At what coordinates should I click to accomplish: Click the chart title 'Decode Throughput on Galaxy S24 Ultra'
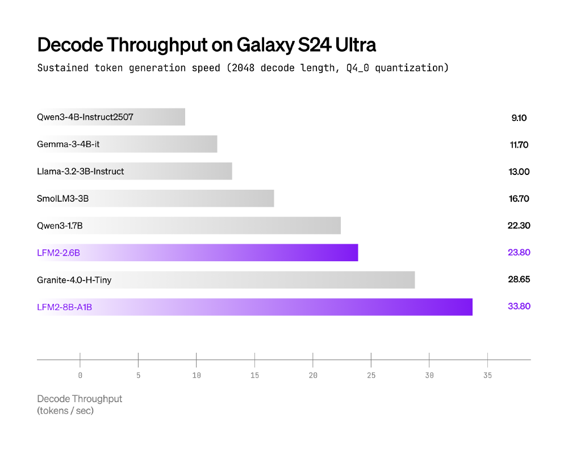pos(206,45)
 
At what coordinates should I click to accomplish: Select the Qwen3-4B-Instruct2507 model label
pos(86,118)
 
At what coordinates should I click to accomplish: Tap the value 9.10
pos(519,118)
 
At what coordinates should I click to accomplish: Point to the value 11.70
pos(519,145)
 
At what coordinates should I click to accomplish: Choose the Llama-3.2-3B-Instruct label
pos(81,171)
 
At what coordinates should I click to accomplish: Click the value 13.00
pos(519,172)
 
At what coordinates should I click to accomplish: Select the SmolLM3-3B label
pos(63,199)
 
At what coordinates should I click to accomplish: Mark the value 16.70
pos(519,199)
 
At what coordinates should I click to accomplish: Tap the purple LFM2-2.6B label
pos(59,252)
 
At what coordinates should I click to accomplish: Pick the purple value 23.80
pos(519,252)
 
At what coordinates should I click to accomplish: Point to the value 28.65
pos(519,279)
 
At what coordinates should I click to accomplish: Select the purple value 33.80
pos(519,306)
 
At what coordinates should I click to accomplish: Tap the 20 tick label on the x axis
pos(313,375)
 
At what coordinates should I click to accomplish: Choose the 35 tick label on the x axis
pos(487,375)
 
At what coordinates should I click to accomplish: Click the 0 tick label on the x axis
pos(80,375)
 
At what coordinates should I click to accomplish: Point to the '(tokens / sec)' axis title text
pos(65,411)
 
